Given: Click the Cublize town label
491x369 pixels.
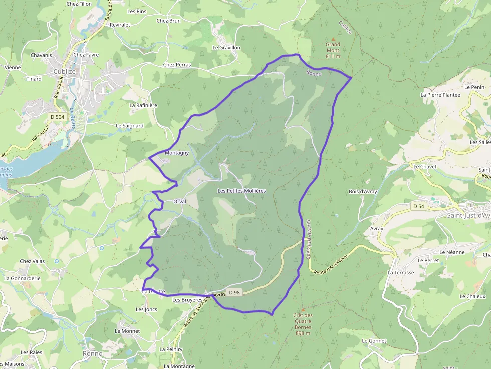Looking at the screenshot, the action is [x=64, y=71].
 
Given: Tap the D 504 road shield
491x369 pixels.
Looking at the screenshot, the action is [x=57, y=117].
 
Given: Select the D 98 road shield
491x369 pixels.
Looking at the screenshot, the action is [x=234, y=292].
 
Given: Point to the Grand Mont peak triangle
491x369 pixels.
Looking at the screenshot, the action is [x=332, y=38].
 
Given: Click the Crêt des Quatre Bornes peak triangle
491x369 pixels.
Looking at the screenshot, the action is [x=303, y=309].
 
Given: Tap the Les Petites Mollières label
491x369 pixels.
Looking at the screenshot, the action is [x=241, y=191].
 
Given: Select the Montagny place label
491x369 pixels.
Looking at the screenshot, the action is [x=177, y=153].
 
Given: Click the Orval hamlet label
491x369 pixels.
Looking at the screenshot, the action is [x=179, y=201].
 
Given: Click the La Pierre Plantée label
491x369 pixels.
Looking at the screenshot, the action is [x=440, y=94].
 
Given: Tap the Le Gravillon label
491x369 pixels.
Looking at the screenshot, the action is [x=226, y=48].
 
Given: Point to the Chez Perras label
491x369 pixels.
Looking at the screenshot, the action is [x=177, y=65].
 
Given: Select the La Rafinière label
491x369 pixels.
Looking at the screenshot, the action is [x=143, y=105].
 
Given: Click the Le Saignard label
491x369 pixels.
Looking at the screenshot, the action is [x=129, y=126].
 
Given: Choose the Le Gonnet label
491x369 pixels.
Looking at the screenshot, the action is [x=374, y=341].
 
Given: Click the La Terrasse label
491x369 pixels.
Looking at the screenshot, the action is [x=401, y=273].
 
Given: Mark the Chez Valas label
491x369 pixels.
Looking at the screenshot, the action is [x=32, y=261].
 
